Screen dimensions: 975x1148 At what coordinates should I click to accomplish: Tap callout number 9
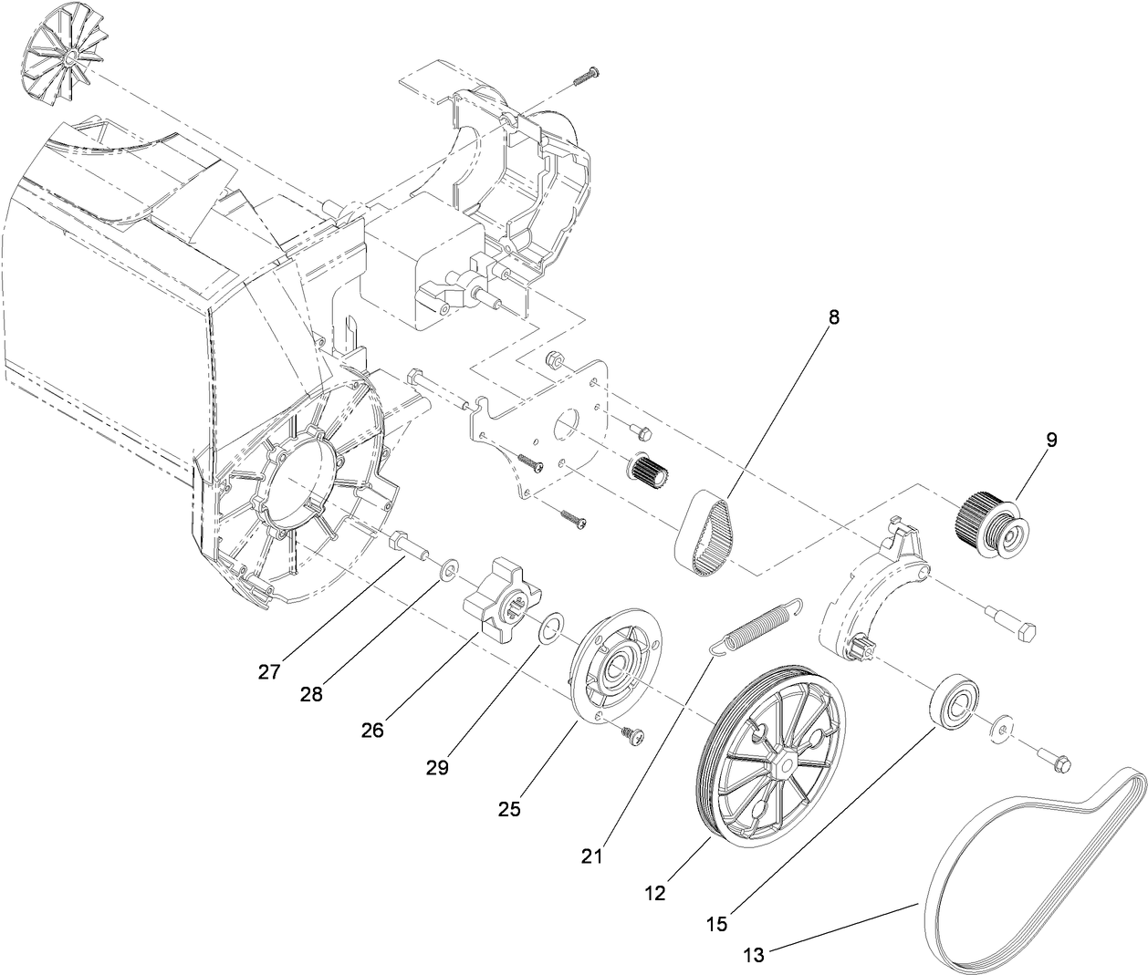(1051, 440)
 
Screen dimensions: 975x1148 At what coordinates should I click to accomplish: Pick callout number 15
(717, 924)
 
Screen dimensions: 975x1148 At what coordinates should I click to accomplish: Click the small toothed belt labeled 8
(704, 532)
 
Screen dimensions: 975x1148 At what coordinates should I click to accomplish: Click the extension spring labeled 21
(756, 625)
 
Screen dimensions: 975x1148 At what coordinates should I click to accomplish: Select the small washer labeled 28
(449, 572)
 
